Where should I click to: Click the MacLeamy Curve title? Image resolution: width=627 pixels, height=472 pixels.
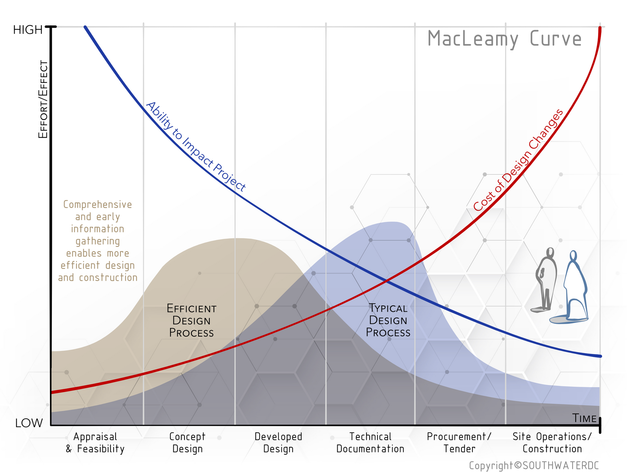(505, 39)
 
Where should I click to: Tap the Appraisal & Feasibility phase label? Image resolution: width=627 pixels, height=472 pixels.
(95, 443)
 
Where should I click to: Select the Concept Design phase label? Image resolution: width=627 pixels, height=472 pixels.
(187, 443)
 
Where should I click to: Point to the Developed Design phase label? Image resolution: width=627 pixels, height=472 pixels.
(278, 443)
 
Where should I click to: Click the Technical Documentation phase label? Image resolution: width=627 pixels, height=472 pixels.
(370, 443)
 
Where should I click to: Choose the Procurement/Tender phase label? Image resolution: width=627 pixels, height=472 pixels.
(459, 443)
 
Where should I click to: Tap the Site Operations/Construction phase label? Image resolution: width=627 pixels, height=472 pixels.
(552, 443)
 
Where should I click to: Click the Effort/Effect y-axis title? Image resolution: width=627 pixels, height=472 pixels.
(43, 100)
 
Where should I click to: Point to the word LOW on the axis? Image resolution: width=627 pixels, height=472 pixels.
(29, 423)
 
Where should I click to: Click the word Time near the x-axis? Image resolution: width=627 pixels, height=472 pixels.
(585, 418)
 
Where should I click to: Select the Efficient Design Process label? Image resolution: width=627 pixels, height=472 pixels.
(191, 321)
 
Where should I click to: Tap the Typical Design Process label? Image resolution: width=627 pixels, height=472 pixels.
(388, 320)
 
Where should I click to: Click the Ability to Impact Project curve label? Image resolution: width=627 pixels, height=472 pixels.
(195, 147)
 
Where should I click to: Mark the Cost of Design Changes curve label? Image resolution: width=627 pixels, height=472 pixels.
(518, 160)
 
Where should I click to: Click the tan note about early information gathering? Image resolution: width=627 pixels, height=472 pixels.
(98, 241)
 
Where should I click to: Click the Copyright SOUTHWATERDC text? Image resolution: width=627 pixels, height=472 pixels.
(534, 465)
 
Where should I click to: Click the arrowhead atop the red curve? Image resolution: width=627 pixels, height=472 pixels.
(600, 28)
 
